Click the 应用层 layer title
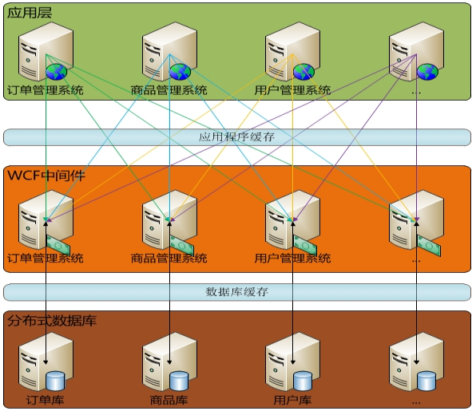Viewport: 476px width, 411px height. click(x=30, y=13)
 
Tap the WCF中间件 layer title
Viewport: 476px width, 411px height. click(x=46, y=176)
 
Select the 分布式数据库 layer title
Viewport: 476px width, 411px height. click(x=52, y=321)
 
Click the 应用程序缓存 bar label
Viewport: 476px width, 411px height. click(x=236, y=137)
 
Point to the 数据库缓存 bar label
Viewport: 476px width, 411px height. click(x=236, y=292)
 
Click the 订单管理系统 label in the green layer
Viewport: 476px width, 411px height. click(x=46, y=90)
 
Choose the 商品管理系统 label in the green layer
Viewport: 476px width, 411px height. click(x=169, y=90)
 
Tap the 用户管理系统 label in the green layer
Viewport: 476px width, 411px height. click(x=292, y=90)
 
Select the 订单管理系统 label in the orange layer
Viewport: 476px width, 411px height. click(x=46, y=259)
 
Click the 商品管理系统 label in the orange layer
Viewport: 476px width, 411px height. click(x=169, y=259)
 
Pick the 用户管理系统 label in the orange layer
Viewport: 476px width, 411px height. click(x=292, y=259)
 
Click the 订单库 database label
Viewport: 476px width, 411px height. click(x=46, y=400)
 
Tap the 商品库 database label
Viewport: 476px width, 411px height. click(x=169, y=400)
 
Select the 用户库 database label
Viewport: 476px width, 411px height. click(x=292, y=400)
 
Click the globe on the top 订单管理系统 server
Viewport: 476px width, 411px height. click(x=57, y=72)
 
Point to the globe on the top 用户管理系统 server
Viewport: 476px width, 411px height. click(x=303, y=72)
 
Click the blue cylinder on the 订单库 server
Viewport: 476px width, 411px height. click(x=55, y=381)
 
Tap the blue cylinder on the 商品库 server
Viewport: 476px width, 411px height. click(x=179, y=381)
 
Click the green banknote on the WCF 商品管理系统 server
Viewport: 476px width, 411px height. click(x=181, y=245)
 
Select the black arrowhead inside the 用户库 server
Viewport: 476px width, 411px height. click(x=293, y=362)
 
